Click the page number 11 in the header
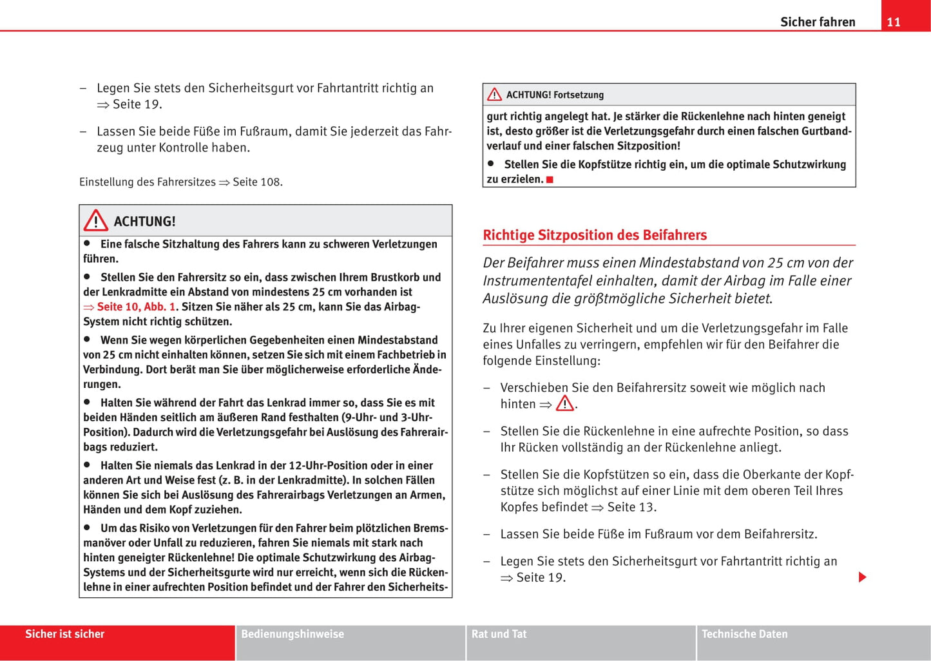[893, 22]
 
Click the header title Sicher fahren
[818, 22]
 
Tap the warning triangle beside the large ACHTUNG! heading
[95, 221]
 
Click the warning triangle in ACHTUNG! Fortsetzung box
[494, 95]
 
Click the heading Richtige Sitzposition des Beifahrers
[595, 235]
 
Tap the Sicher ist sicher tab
[64, 634]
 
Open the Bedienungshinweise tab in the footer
[293, 634]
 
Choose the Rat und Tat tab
[499, 634]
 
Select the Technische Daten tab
[744, 634]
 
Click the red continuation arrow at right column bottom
[863, 577]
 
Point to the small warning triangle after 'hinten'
[565, 404]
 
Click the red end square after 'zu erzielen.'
[550, 180]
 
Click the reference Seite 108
[256, 182]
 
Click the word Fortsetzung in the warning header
[579, 95]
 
